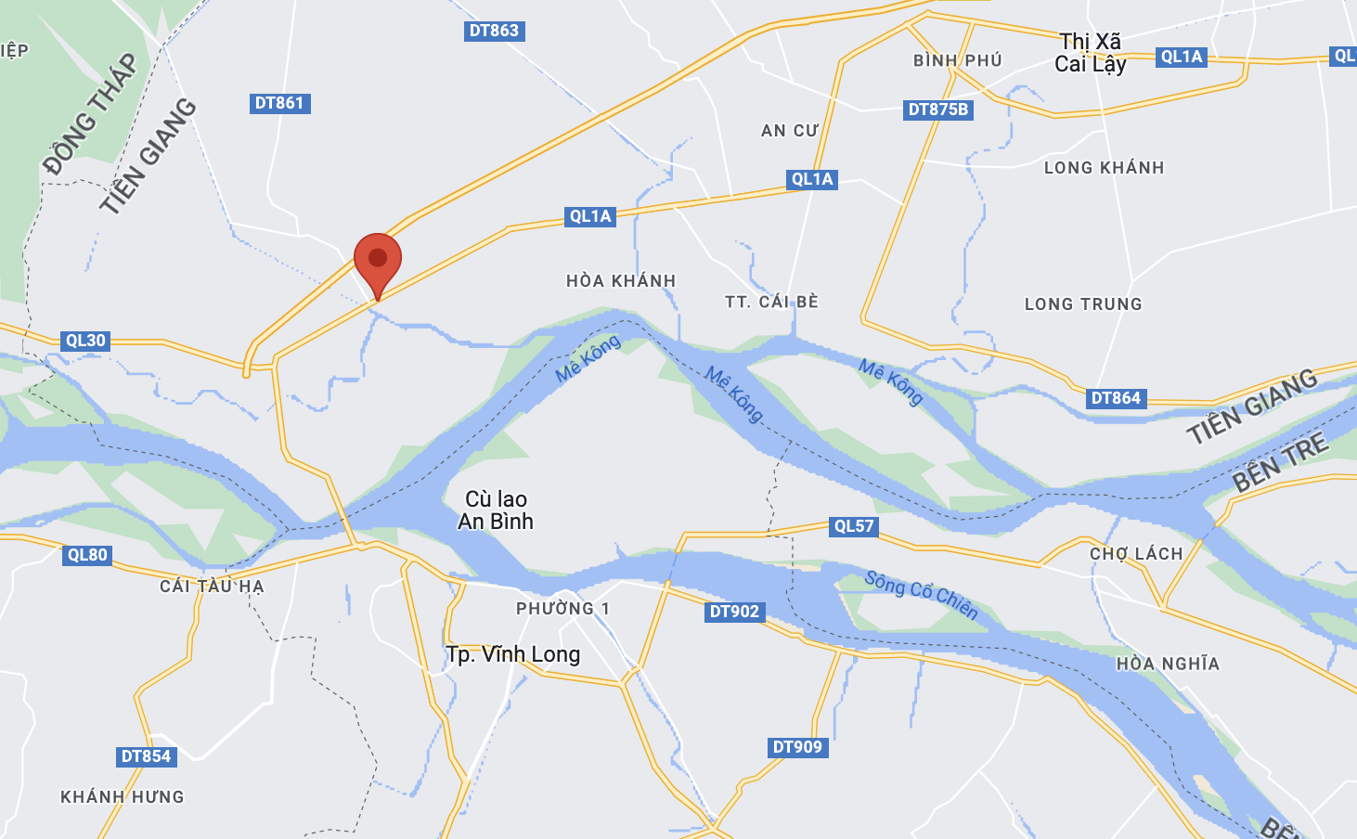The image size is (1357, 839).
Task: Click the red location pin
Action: [378, 260]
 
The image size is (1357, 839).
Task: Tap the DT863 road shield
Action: [494, 31]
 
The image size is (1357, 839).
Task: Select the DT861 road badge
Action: [279, 103]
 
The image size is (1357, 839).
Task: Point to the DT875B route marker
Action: [937, 110]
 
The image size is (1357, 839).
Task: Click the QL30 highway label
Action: [85, 341]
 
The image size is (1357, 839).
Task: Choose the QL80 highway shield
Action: [87, 555]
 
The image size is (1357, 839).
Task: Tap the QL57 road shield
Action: [854, 526]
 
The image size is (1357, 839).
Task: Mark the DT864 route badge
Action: [1116, 398]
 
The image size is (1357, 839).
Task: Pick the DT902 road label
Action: [734, 612]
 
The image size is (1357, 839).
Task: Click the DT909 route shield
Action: [797, 747]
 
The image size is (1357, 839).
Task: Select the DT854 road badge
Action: [146, 756]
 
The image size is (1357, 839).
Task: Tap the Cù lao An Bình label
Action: [496, 510]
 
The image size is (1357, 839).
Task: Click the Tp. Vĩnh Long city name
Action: [513, 654]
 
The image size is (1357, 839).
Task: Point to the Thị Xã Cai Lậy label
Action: [1091, 53]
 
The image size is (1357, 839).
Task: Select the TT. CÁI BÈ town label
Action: [771, 302]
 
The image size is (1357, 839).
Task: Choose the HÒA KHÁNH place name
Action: [621, 280]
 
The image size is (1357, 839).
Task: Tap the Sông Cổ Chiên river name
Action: [921, 594]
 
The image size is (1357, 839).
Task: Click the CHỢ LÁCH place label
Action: [1136, 554]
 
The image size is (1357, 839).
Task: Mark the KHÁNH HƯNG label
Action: [123, 796]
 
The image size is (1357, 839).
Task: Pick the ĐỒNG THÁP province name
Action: [90, 114]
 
